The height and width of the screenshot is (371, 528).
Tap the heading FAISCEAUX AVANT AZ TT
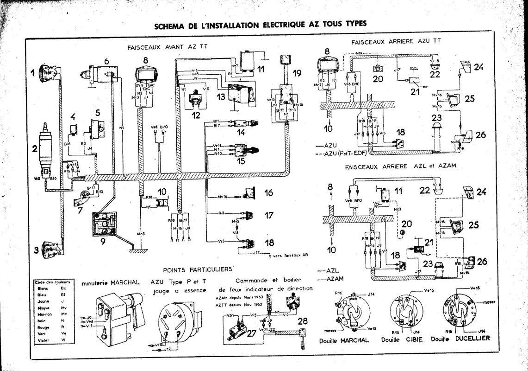click(x=160, y=47)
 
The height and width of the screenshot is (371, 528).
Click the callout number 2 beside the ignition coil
click(x=34, y=149)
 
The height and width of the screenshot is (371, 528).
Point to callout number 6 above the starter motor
click(x=106, y=61)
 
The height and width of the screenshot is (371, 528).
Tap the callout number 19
click(x=296, y=72)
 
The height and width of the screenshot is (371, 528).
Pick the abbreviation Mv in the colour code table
click(x=63, y=307)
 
